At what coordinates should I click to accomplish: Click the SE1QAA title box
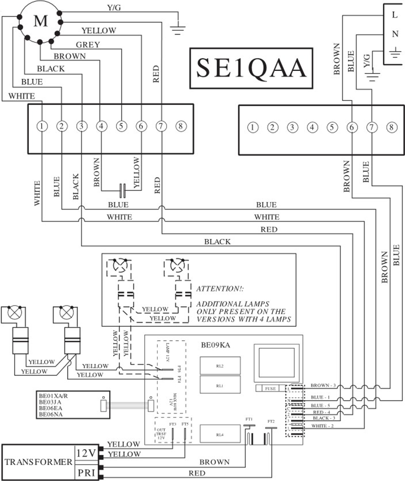pyautogui.click(x=251, y=68)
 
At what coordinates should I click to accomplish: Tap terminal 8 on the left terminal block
pyautogui.click(x=181, y=126)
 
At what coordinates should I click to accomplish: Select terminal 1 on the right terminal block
pyautogui.click(x=252, y=127)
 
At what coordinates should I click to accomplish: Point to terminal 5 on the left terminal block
pyautogui.click(x=121, y=126)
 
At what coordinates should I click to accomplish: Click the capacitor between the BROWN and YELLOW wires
pyautogui.click(x=122, y=188)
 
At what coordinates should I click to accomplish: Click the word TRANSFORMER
pyautogui.click(x=38, y=462)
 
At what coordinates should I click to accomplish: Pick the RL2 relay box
pyautogui.click(x=220, y=366)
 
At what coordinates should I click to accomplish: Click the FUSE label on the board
pyautogui.click(x=270, y=388)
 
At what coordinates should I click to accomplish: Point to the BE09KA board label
pyautogui.click(x=216, y=345)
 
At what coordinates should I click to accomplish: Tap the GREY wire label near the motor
pyautogui.click(x=88, y=45)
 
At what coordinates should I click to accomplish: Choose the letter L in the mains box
pyautogui.click(x=395, y=15)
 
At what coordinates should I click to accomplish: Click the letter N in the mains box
pyautogui.click(x=395, y=34)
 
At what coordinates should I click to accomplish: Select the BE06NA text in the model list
pyautogui.click(x=51, y=414)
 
